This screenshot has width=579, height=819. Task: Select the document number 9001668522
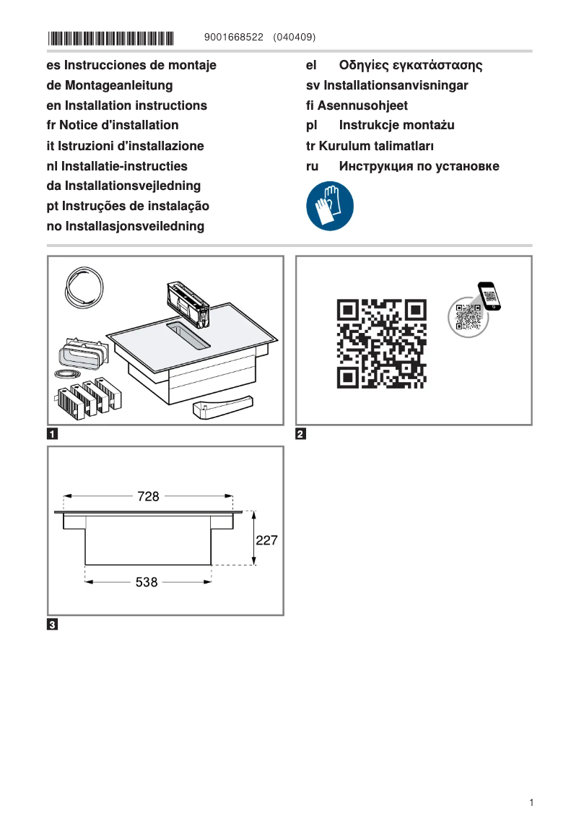235,37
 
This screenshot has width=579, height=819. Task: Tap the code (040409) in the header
295,37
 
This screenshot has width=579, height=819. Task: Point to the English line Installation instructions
126,105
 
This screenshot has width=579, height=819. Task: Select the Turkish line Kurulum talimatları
370,146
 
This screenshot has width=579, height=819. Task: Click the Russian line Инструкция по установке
403,166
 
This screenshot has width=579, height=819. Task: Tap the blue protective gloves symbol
330,206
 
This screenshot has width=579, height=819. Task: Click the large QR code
381,343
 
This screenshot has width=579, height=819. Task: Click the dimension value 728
148,496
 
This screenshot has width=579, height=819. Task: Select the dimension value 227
266,539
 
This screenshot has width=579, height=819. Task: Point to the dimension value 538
147,582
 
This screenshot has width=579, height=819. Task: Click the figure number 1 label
53,435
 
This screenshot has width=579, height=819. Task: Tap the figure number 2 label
301,435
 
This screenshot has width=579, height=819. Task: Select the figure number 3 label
53,625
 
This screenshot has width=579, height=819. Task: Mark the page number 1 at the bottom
531,802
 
